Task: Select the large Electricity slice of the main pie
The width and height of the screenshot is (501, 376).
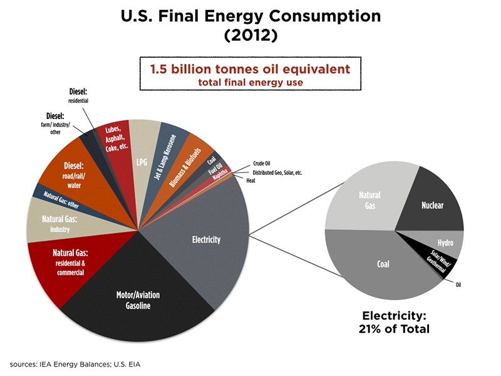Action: (207, 241)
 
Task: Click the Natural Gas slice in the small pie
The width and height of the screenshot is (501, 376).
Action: (369, 201)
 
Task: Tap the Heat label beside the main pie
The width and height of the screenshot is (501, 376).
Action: (250, 180)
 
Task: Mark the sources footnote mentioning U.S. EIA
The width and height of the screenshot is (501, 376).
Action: (80, 363)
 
